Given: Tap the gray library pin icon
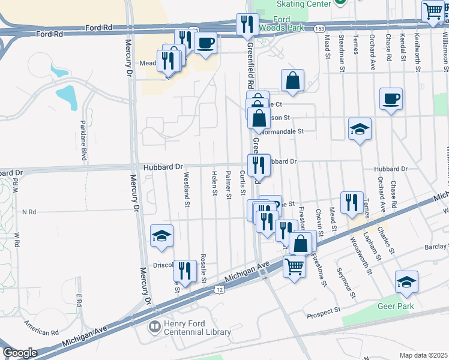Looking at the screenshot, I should [x=155, y=327].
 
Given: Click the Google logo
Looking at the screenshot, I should [x=20, y=353].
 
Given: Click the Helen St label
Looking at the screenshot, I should [x=214, y=183].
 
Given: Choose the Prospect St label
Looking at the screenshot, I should [x=324, y=313].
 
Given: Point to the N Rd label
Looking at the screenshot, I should [x=29, y=212].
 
